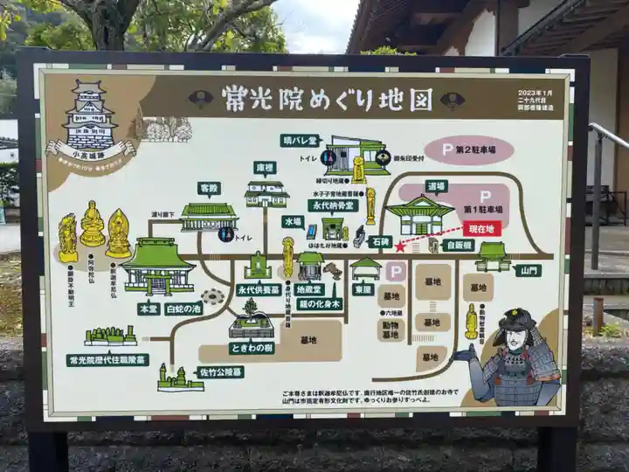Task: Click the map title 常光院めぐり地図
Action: (x=326, y=98)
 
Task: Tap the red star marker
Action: (x=400, y=246)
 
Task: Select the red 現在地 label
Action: (x=483, y=228)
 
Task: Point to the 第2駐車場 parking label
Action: (x=469, y=149)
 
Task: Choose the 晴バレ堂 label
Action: (x=301, y=140)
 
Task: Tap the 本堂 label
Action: (x=149, y=309)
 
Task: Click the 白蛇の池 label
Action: (x=183, y=309)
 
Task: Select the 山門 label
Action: (x=528, y=271)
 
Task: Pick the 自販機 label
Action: (x=458, y=245)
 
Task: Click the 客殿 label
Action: (x=209, y=188)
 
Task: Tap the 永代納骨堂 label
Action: (x=332, y=205)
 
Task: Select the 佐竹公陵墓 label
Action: (x=219, y=371)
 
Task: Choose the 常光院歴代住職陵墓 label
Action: (x=107, y=359)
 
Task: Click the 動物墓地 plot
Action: (x=390, y=329)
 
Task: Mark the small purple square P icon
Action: (x=395, y=272)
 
